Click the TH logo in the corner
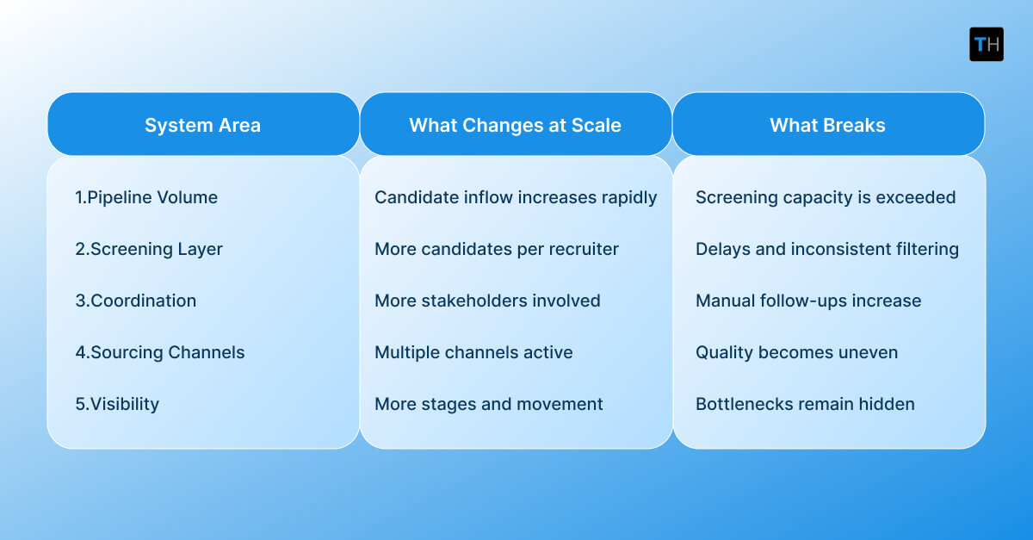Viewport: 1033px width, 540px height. [986, 44]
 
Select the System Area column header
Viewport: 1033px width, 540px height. [202, 125]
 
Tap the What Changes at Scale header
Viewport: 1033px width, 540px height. [515, 125]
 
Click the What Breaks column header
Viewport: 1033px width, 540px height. [827, 125]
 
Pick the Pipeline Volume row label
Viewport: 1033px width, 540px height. [146, 197]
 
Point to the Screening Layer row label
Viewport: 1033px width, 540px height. [149, 249]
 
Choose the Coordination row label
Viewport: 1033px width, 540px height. [136, 301]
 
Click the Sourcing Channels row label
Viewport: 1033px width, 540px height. [160, 352]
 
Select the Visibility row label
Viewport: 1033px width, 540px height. [117, 404]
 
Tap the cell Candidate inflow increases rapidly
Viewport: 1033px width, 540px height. [516, 197]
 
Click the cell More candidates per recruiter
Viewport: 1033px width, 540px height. [497, 249]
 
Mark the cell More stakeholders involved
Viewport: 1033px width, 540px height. [487, 301]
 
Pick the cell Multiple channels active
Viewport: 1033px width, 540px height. [473, 352]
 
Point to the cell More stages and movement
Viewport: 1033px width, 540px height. [488, 404]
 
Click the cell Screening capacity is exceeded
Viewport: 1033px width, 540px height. [826, 197]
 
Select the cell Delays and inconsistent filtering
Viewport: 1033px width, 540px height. [827, 249]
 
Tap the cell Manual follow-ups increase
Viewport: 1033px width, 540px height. [808, 301]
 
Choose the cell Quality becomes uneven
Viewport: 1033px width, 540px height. [796, 352]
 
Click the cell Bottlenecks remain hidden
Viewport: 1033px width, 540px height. [805, 404]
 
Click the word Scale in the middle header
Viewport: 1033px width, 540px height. [597, 125]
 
